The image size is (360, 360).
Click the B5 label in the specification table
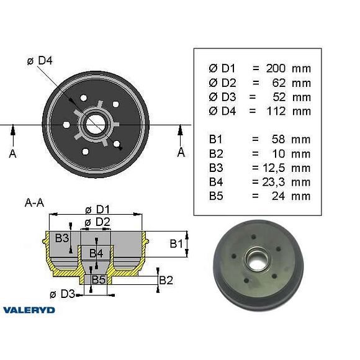pos(215,196)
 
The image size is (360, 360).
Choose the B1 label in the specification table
pos(215,139)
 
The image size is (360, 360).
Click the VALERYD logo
pos(29,309)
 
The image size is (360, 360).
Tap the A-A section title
pos(35,202)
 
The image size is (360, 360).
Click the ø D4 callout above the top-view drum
pos(42,60)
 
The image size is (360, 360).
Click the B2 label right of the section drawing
pos(166,280)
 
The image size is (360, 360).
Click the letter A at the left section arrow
pos(12,153)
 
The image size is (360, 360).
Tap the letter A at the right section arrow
pos(181,152)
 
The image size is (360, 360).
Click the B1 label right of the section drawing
pos(176,244)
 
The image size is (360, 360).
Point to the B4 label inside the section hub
pos(96,253)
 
